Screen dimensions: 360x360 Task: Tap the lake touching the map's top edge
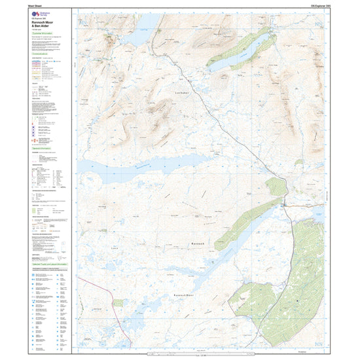(x=137, y=29)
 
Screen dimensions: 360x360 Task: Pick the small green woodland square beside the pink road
(x=118, y=303)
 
